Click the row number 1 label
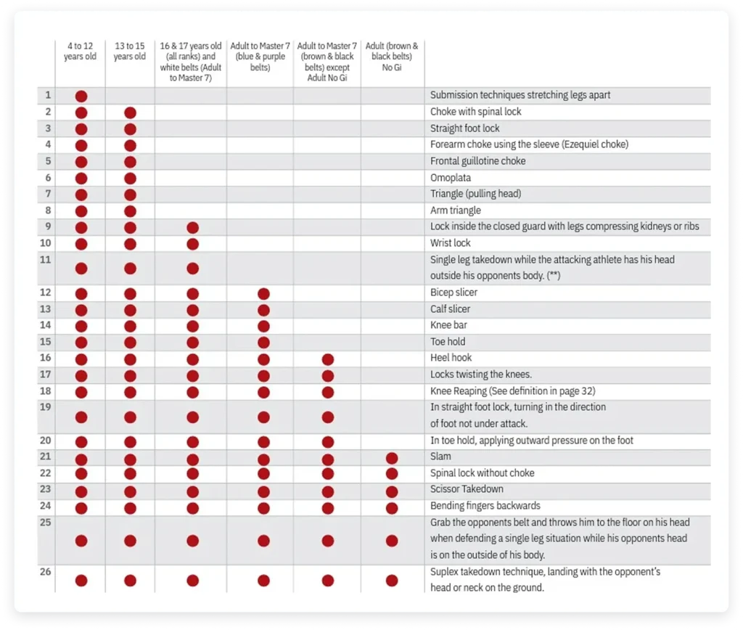[x=48, y=95]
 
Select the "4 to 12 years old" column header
[x=80, y=52]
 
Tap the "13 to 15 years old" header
[x=130, y=52]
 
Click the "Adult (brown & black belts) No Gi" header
[x=392, y=57]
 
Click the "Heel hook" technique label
[x=451, y=358]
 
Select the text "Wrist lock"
[x=451, y=243]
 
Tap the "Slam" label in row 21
[x=440, y=457]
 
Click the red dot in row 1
[x=81, y=96]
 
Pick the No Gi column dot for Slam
[x=392, y=458]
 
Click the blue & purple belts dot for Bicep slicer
[x=263, y=294]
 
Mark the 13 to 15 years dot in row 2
[x=130, y=112]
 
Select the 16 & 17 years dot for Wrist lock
[x=192, y=244]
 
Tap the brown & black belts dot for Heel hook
[x=328, y=359]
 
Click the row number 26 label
[x=46, y=572]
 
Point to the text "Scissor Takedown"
[x=467, y=489]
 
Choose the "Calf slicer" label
[x=451, y=309]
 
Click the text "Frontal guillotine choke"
[x=478, y=161]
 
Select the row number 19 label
[x=46, y=407]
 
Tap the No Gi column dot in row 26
[x=392, y=580]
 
